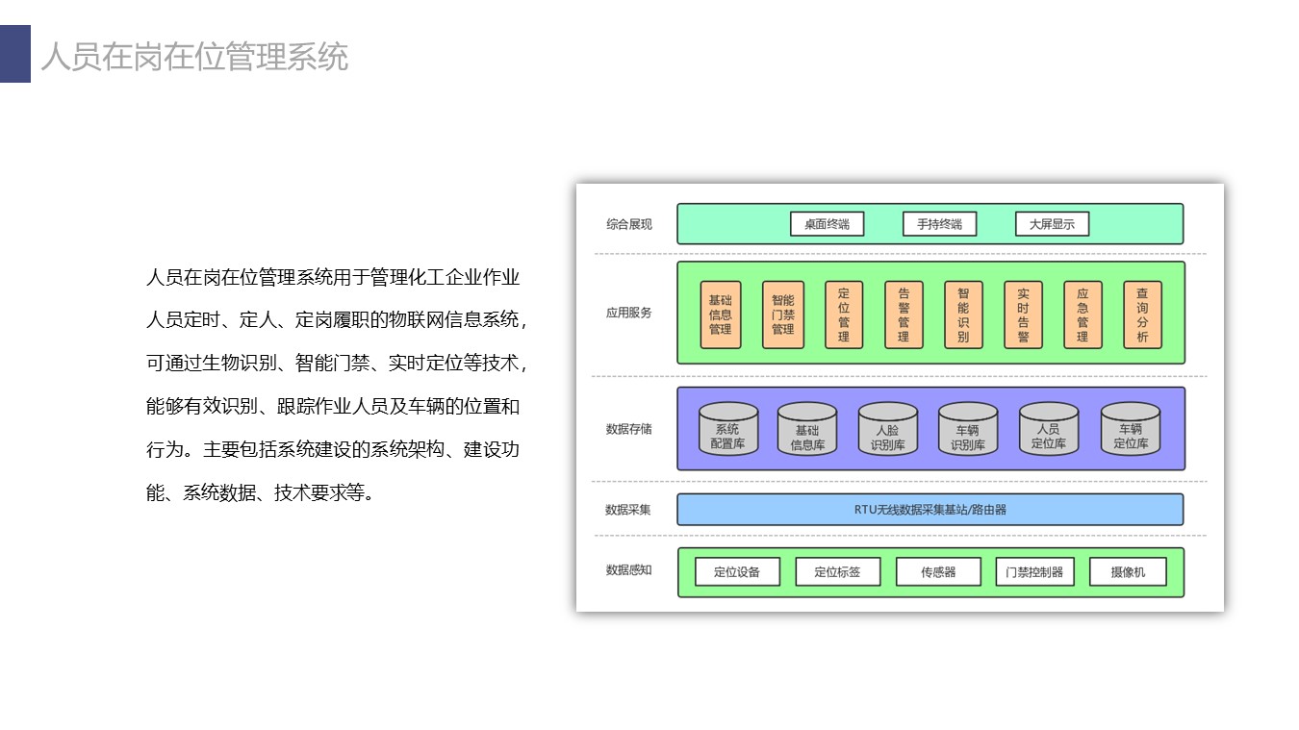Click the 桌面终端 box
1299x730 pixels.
pyautogui.click(x=827, y=224)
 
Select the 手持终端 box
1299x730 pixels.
pyautogui.click(x=939, y=224)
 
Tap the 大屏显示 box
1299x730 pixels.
pyautogui.click(x=1052, y=224)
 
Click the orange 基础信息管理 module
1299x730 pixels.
pyautogui.click(x=721, y=315)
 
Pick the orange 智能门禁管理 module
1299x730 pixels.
pyautogui.click(x=783, y=315)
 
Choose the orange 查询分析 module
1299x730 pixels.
pyautogui.click(x=1142, y=315)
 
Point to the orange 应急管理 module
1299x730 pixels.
pyautogui.click(x=1082, y=315)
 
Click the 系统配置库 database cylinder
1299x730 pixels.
pyautogui.click(x=728, y=429)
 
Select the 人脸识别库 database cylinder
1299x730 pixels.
pyautogui.click(x=888, y=429)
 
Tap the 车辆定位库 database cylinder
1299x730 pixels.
pyautogui.click(x=1131, y=429)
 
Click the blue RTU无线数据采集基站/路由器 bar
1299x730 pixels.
pyautogui.click(x=930, y=509)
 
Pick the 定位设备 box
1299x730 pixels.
pyautogui.click(x=737, y=571)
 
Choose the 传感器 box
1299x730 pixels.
pyautogui.click(x=938, y=571)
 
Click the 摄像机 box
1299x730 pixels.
pyautogui.click(x=1128, y=571)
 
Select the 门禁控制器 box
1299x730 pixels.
pyautogui.click(x=1034, y=571)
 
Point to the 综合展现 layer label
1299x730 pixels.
pyautogui.click(x=629, y=224)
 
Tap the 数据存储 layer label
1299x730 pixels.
pyautogui.click(x=629, y=429)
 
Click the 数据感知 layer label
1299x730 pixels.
pyautogui.click(x=629, y=570)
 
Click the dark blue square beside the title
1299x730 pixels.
pyautogui.click(x=15, y=53)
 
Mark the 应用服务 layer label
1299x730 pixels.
pyautogui.click(x=629, y=313)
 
